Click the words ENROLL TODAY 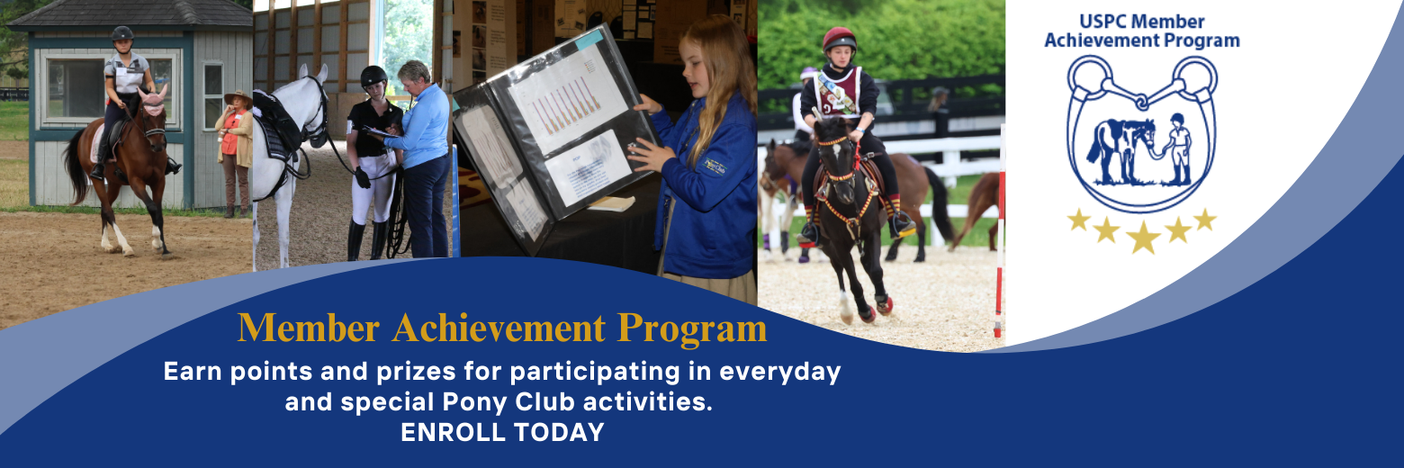coord(502,432)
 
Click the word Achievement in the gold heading coord(498,328)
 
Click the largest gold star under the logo coord(1143,238)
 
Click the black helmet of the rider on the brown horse coord(122,34)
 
